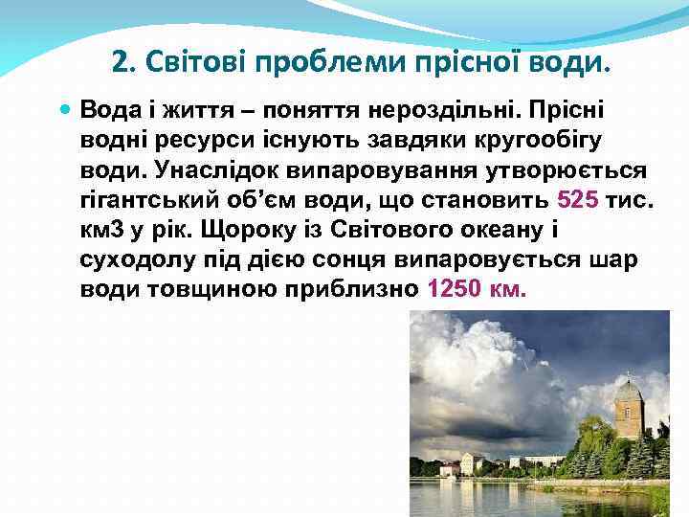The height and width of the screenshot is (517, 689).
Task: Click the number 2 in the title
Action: [120, 63]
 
